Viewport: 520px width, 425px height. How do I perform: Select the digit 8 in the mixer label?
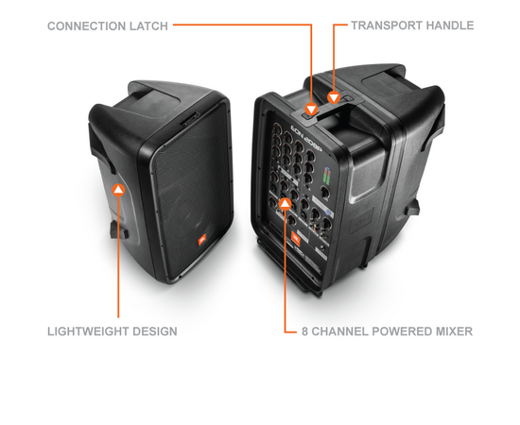(x=303, y=331)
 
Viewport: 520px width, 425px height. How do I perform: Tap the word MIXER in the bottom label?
(x=455, y=331)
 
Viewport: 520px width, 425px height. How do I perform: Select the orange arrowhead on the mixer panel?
(x=286, y=203)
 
